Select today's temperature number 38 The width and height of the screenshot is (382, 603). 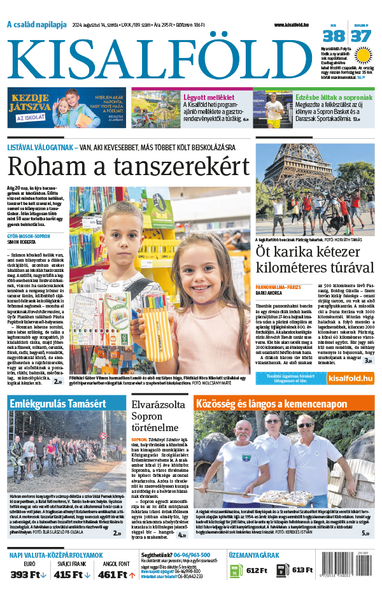pyautogui.click(x=337, y=36)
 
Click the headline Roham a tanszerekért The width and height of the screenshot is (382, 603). pyautogui.click(x=128, y=167)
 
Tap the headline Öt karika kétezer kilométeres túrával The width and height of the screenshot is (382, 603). pyautogui.click(x=315, y=259)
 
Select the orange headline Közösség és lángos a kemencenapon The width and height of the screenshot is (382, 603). pyautogui.click(x=284, y=404)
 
